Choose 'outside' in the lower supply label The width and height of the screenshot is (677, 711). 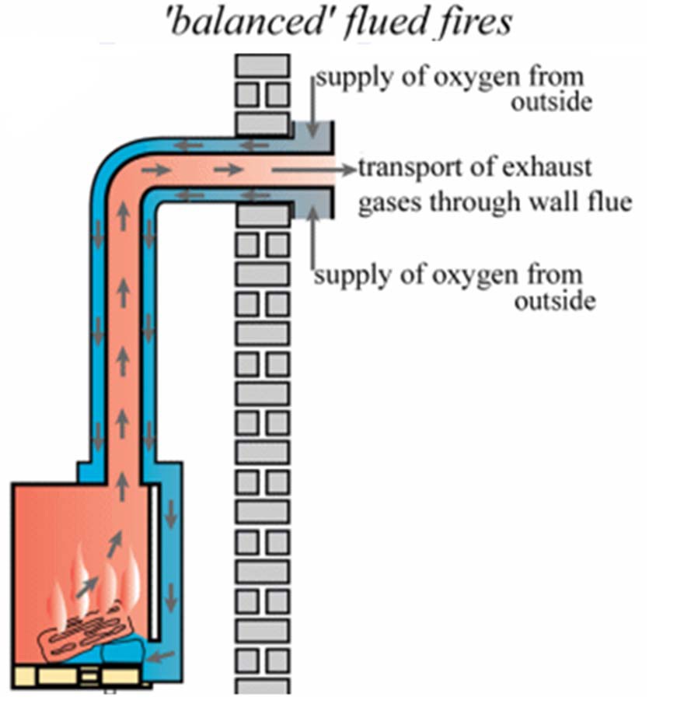(x=555, y=301)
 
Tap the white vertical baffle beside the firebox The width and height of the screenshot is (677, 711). (x=157, y=560)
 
